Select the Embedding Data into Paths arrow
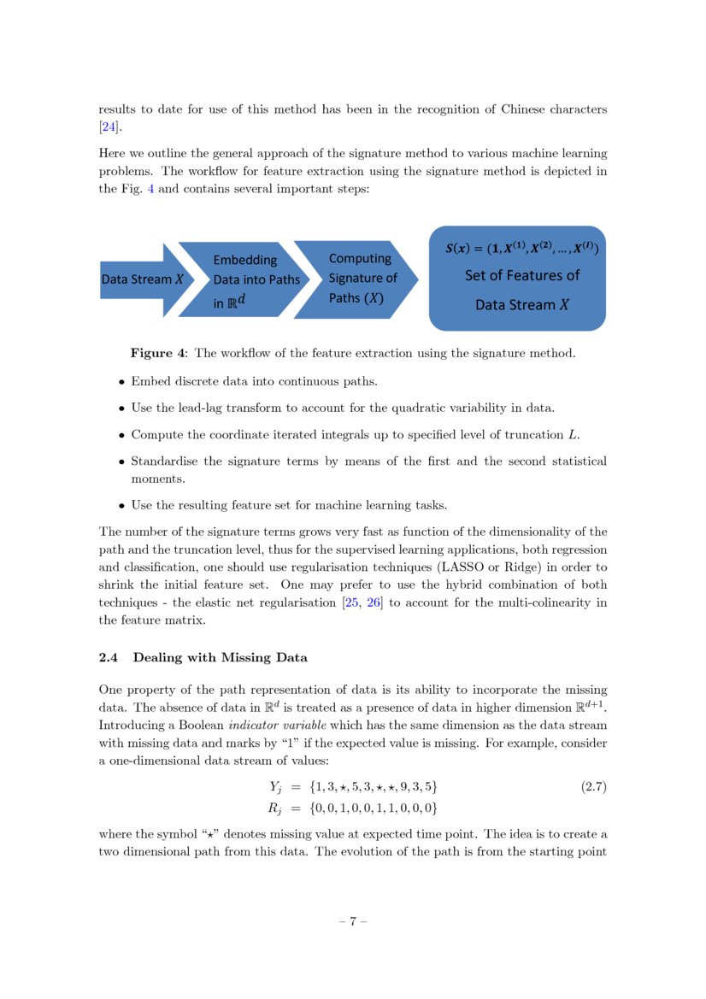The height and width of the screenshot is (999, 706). pyautogui.click(x=253, y=279)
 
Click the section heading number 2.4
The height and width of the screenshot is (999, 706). pyautogui.click(x=110, y=657)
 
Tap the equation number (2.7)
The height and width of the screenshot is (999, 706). pyautogui.click(x=593, y=786)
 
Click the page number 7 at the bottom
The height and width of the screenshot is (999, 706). pyautogui.click(x=353, y=922)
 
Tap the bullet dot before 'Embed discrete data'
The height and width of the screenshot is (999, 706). pyautogui.click(x=122, y=382)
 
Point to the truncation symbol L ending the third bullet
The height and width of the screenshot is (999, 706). pyautogui.click(x=572, y=435)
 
